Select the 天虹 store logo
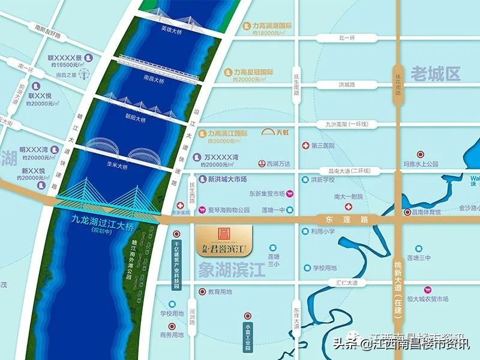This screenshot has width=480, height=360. [x=275, y=132]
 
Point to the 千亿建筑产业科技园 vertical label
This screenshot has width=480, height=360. [x=176, y=265]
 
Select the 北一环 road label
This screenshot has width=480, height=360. [x=347, y=37]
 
